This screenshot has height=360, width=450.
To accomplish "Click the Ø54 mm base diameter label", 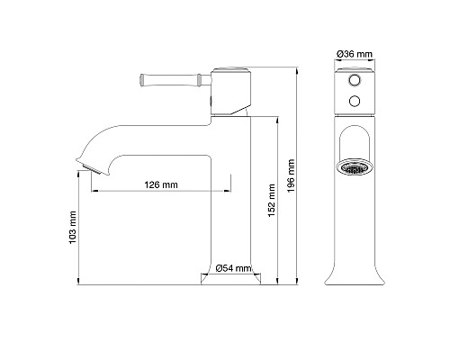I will (233, 267).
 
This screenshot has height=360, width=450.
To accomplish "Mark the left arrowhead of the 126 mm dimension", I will (94, 192).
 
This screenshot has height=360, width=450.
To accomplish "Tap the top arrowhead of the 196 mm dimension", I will (298, 68).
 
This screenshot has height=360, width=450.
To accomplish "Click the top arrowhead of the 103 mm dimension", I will (80, 172).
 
